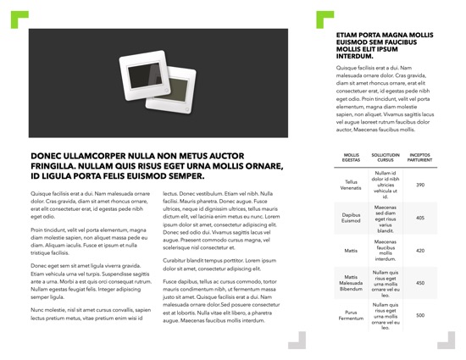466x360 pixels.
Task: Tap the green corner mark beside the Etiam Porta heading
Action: (323, 19)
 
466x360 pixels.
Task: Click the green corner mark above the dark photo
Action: (19, 19)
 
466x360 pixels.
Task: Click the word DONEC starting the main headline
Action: (47, 157)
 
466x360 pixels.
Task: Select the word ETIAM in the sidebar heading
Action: (349, 36)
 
